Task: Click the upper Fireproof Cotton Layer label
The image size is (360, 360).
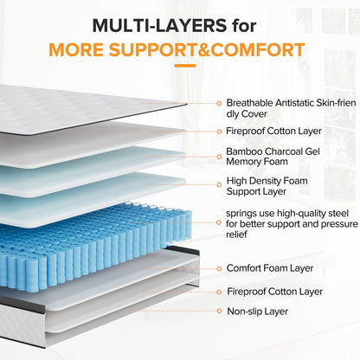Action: tap(274, 132)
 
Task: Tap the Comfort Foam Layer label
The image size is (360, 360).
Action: tap(268, 268)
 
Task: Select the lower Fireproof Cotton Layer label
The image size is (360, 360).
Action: tap(274, 292)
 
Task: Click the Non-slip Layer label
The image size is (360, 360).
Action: tap(257, 311)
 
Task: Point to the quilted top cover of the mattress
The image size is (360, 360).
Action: tap(87, 108)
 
